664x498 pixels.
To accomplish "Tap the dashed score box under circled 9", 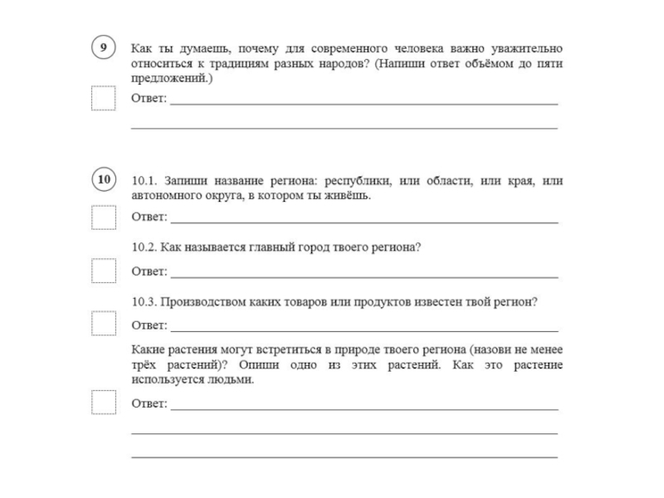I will [x=104, y=99].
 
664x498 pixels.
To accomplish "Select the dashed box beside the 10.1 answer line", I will [x=104, y=217].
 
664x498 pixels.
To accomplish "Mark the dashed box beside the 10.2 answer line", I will [x=104, y=271].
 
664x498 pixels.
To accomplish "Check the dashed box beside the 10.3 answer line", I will [x=104, y=324].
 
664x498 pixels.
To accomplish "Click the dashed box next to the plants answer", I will [x=104, y=402].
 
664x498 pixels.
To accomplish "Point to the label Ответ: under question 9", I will [x=149, y=100].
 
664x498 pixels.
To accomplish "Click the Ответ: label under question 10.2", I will [x=149, y=271].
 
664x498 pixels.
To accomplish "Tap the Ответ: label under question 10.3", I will [x=149, y=325].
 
